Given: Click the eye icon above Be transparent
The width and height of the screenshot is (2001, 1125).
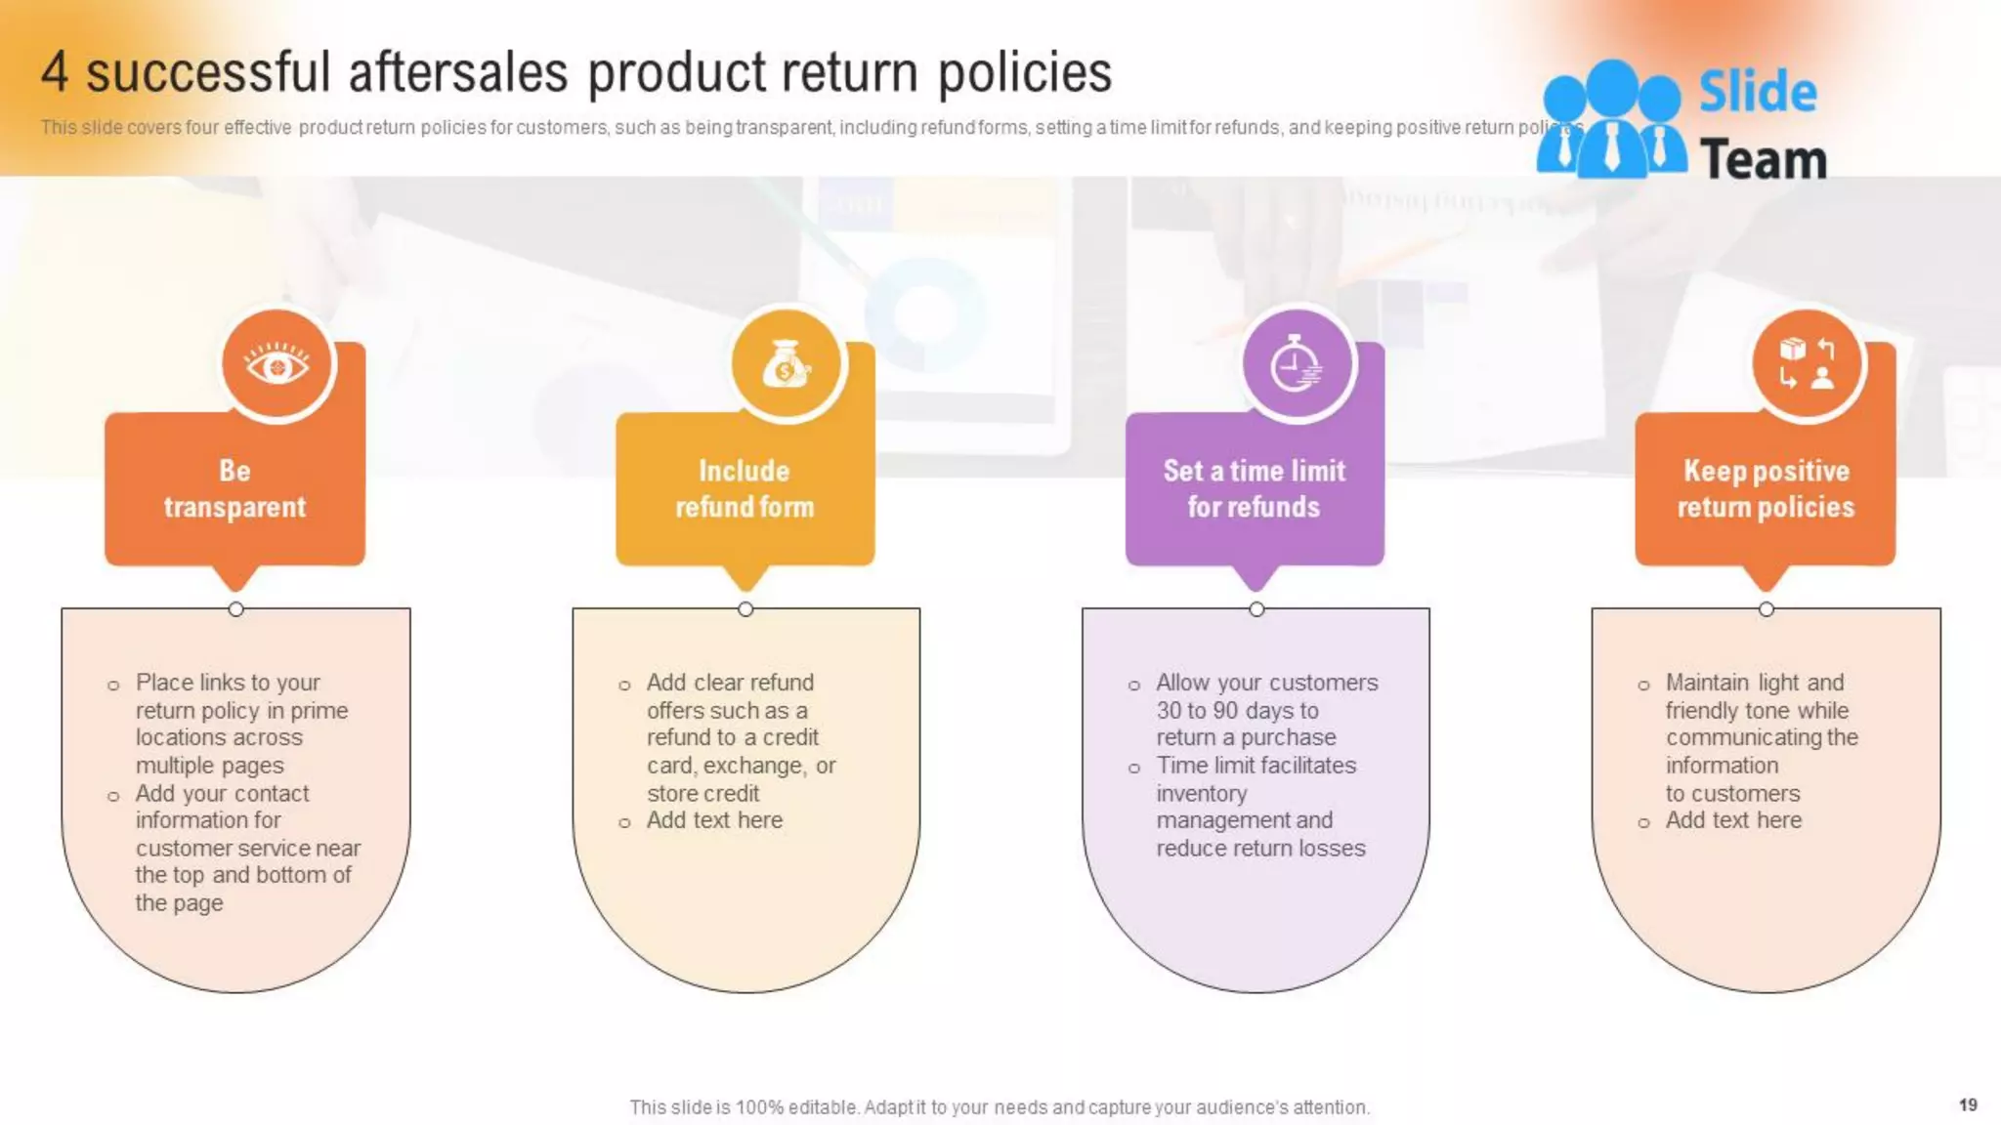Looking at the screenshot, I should pyautogui.click(x=277, y=365).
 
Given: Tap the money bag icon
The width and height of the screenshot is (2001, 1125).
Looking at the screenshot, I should pyautogui.click(x=787, y=365).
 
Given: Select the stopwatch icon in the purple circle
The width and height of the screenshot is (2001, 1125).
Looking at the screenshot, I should pyautogui.click(x=1297, y=365).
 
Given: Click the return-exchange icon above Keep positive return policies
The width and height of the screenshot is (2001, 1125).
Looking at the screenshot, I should pyautogui.click(x=1807, y=365).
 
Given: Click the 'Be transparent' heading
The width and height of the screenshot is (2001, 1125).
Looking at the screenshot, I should pyautogui.click(x=234, y=489).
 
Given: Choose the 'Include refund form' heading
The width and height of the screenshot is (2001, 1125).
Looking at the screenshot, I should pyautogui.click(x=745, y=489).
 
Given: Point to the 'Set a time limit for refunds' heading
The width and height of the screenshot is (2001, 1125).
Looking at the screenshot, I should pyautogui.click(x=1255, y=489).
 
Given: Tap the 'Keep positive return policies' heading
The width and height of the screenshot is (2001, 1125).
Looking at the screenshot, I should pyautogui.click(x=1766, y=489).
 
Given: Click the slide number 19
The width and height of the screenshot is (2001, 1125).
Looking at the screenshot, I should pyautogui.click(x=1968, y=1104).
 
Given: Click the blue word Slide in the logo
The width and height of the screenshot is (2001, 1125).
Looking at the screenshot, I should pyautogui.click(x=1758, y=93).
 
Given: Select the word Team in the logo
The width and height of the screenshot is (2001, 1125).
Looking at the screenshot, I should pyautogui.click(x=1763, y=159).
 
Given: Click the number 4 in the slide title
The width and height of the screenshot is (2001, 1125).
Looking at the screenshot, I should pyautogui.click(x=55, y=72).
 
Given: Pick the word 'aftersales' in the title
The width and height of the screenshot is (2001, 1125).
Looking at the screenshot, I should pyautogui.click(x=458, y=72).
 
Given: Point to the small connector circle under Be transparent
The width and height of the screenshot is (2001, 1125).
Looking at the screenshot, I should pyautogui.click(x=235, y=609).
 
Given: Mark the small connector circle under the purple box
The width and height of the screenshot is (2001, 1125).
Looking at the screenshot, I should pyautogui.click(x=1256, y=609).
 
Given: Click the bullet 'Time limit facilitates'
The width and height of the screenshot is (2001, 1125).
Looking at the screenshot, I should pyautogui.click(x=1256, y=766).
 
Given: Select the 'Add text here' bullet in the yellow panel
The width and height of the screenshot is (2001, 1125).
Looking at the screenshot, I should pyautogui.click(x=714, y=820).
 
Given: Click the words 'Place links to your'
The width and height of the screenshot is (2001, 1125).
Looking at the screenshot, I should pyautogui.click(x=228, y=683).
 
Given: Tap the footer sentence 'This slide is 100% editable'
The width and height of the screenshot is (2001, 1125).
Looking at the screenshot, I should pyautogui.click(x=999, y=1107).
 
